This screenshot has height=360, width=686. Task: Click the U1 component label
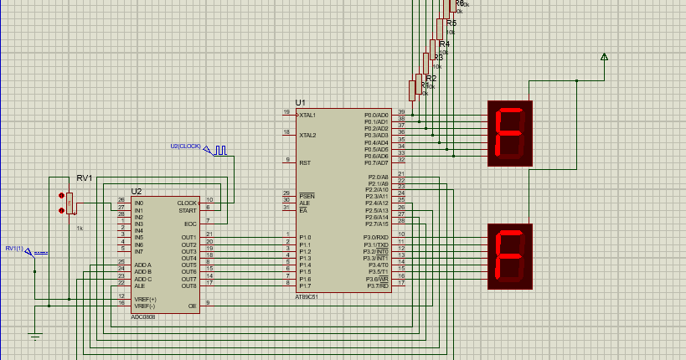pos(301,102)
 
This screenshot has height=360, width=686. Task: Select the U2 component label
pos(137,192)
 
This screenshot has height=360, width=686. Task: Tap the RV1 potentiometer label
pos(84,178)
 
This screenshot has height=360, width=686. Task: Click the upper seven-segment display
pos(510,133)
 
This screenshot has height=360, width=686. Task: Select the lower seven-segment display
pos(510,256)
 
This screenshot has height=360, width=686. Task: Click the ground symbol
pos(34,337)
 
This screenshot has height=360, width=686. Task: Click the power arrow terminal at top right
pos(604,57)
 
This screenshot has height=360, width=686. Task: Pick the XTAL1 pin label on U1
pos(308,114)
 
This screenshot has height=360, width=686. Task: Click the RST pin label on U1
pos(305,162)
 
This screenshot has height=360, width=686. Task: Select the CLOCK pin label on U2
pos(187,203)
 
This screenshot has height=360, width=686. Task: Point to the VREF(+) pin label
pos(145,299)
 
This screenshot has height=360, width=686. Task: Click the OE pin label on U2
pos(193,306)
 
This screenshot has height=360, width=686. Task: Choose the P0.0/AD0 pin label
pos(376,115)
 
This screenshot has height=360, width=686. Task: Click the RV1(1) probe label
pos(15,248)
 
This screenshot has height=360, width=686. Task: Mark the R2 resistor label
pos(431,78)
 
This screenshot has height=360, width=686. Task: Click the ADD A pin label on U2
pos(142,265)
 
